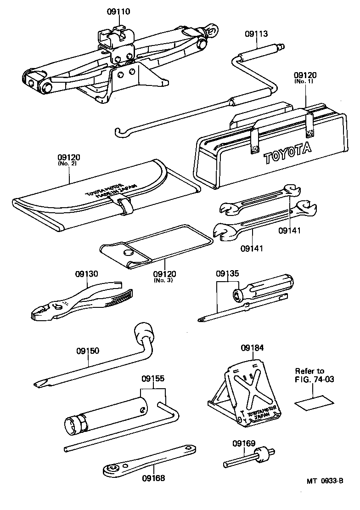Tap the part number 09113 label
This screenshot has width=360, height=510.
click(x=256, y=34)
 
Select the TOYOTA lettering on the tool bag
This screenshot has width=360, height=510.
click(x=287, y=153)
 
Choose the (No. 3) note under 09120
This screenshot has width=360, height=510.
click(x=163, y=280)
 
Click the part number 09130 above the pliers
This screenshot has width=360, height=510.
click(x=87, y=274)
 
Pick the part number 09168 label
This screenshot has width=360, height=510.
click(x=153, y=478)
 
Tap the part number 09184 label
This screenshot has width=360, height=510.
click(x=253, y=348)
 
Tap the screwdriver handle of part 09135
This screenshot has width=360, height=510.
click(x=266, y=287)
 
